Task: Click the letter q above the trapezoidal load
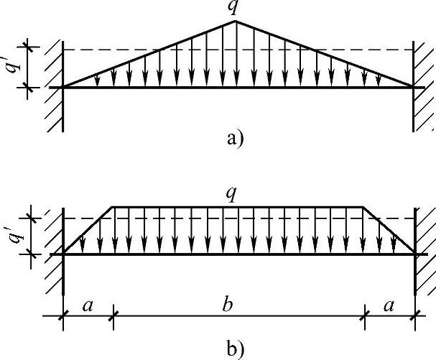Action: click(231, 194)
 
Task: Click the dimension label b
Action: click(228, 305)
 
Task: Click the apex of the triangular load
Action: click(235, 22)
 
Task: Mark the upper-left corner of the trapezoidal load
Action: click(113, 207)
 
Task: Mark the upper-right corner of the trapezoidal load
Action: click(363, 207)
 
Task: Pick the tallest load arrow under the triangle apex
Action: click(235, 55)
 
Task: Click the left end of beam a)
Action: click(64, 87)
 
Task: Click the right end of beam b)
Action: click(415, 254)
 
